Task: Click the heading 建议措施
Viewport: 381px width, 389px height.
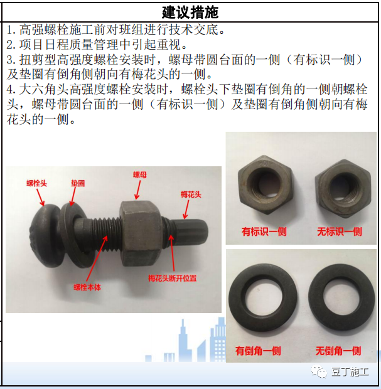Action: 191,12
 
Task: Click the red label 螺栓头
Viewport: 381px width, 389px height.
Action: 37,183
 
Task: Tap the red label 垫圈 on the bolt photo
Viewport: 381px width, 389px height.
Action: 77,184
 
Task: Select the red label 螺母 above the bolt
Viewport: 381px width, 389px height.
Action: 139,177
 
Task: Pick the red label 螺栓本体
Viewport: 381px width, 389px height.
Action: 87,287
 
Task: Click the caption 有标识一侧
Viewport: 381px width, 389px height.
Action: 264,232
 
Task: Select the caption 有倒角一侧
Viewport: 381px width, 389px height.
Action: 258,351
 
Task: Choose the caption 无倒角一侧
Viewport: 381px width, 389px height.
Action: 338,351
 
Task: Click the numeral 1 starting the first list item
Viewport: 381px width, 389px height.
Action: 11,30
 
